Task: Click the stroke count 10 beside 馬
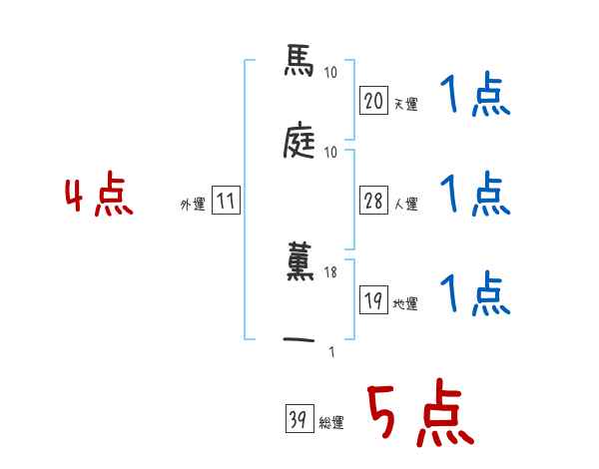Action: coord(330,72)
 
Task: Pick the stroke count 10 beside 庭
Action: coord(330,152)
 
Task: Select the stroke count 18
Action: coord(330,272)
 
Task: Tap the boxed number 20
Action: coord(373,100)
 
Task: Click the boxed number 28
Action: coord(373,201)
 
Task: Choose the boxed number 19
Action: coord(373,301)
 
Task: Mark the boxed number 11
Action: coord(226,202)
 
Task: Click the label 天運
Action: coord(406,103)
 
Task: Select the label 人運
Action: coord(406,204)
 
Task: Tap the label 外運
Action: coord(193,204)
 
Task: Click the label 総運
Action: coord(331,423)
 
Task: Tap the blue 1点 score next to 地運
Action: coord(475,294)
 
